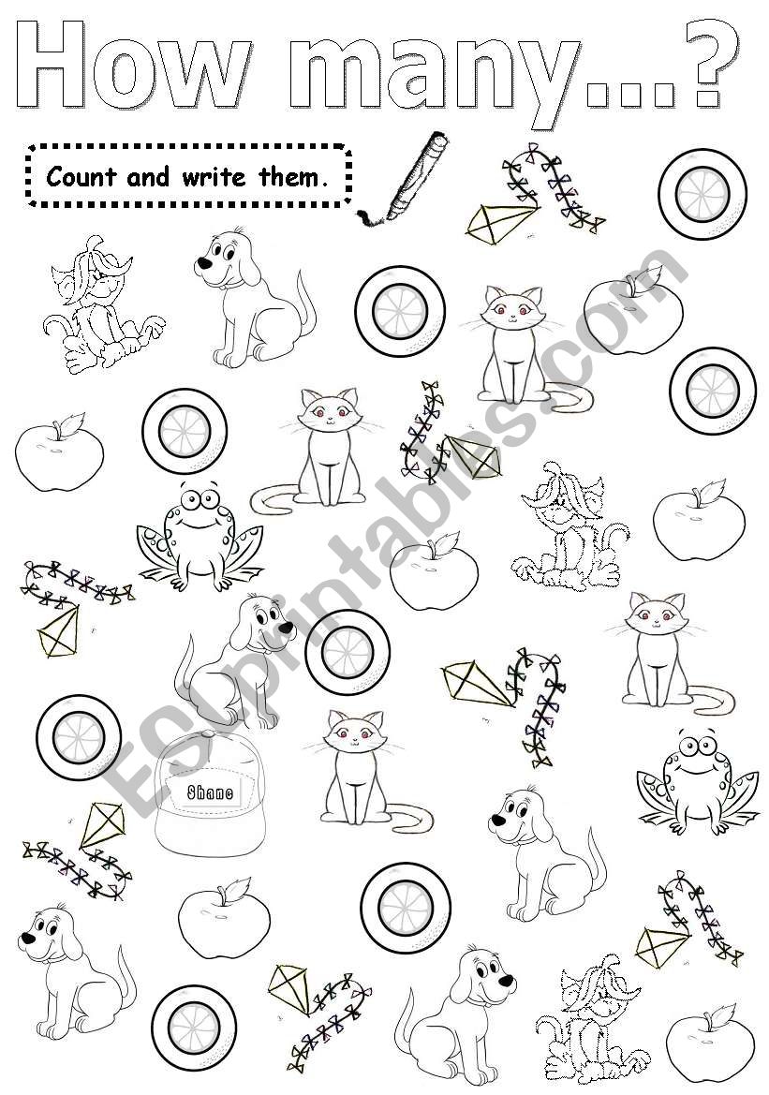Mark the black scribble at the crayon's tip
pyautogui.click(x=372, y=217)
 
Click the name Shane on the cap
pyautogui.click(x=210, y=792)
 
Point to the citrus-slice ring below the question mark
pyautogui.click(x=702, y=194)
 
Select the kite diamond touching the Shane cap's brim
pyautogui.click(x=102, y=824)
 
